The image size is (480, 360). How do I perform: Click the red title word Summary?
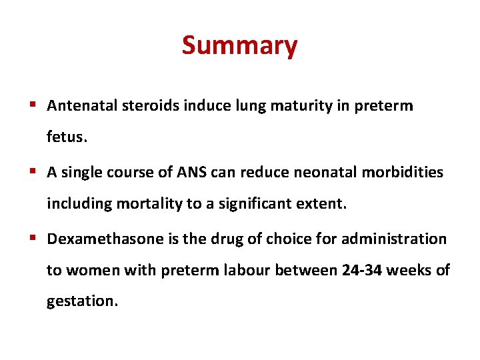pos(239,46)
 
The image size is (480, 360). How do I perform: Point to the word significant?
pos(259,203)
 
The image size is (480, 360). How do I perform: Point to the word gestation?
pos(81,301)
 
